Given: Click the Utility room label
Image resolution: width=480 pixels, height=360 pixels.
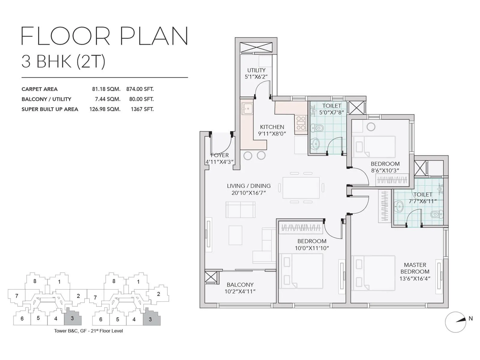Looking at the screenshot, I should (x=256, y=70).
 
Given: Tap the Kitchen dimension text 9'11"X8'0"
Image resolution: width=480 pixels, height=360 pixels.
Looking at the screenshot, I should (x=272, y=134).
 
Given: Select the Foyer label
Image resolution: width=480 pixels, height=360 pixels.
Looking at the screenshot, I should (x=220, y=155).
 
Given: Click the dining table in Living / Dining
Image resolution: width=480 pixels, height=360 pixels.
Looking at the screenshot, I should (x=301, y=188).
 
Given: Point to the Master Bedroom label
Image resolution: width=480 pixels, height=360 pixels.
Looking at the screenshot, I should (x=415, y=268).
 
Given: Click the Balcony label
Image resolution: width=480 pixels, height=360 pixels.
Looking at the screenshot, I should (x=240, y=285).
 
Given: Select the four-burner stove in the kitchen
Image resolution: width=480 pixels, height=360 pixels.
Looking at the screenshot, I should (x=301, y=124).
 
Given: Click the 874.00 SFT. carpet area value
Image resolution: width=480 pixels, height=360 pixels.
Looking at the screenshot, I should (x=140, y=89).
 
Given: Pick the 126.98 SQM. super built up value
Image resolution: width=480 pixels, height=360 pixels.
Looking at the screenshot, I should (x=105, y=109).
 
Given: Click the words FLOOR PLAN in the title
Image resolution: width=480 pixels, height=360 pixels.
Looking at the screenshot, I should (x=104, y=36).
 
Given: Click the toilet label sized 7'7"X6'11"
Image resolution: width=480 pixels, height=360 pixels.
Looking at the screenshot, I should (x=423, y=198).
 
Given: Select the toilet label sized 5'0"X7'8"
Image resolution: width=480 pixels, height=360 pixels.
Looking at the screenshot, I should (x=331, y=109).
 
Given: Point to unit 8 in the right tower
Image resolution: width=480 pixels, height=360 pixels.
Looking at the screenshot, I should (x=114, y=281).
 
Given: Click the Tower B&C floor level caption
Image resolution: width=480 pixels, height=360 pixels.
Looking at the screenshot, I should (x=88, y=331).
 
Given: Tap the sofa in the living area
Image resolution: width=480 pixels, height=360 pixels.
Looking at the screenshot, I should (x=241, y=210).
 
